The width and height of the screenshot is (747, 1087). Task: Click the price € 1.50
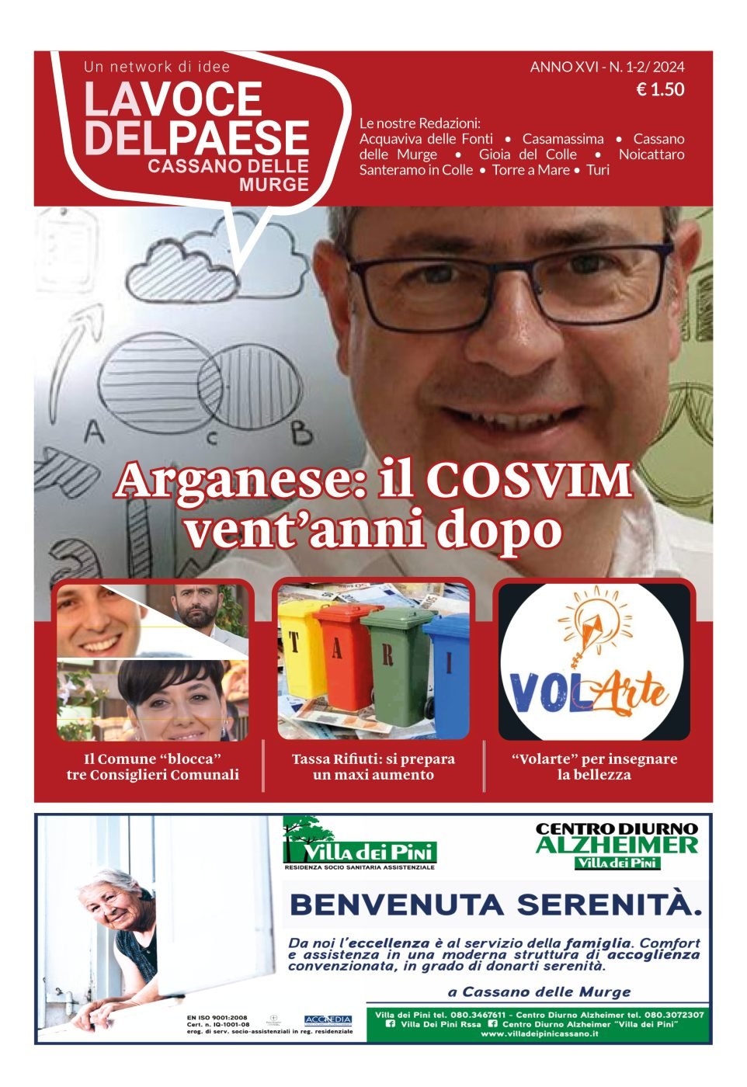click(x=660, y=90)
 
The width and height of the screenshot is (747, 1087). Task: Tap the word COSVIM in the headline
click(x=529, y=481)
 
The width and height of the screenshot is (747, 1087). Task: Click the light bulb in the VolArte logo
click(x=595, y=621)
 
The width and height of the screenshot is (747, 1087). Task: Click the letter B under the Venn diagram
click(x=301, y=433)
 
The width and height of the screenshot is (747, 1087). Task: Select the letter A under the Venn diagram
click(x=94, y=431)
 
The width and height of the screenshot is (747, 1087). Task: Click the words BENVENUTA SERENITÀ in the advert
click(x=495, y=905)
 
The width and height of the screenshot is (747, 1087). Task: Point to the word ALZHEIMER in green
click(x=617, y=845)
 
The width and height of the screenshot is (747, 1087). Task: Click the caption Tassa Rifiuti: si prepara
click(x=373, y=759)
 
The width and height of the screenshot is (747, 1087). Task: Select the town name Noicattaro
click(x=651, y=155)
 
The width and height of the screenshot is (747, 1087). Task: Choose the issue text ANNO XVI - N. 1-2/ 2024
click(x=607, y=68)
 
